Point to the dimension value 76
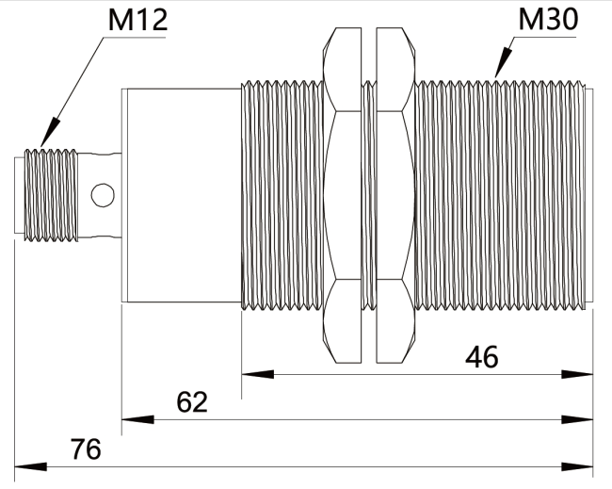[x=86, y=448]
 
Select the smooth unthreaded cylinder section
[x=182, y=195]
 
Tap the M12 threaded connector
[x=56, y=195]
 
